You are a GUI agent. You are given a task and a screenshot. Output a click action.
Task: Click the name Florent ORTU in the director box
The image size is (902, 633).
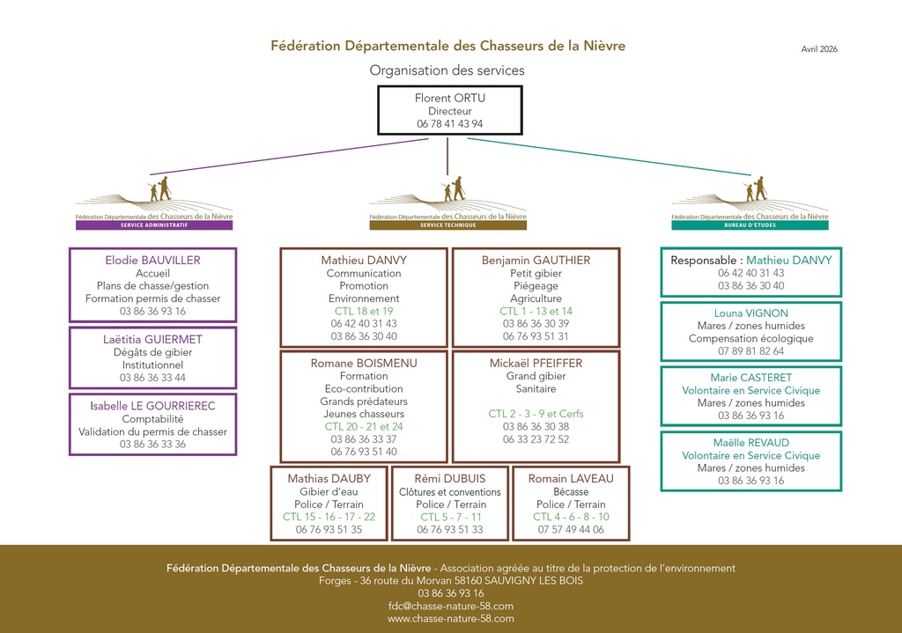[x=449, y=98]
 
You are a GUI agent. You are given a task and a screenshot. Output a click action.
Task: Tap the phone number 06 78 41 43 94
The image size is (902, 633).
[x=449, y=124]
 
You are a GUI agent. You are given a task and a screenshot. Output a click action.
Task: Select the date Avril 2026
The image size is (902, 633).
[x=819, y=49]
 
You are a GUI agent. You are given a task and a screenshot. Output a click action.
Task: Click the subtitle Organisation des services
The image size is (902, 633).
[x=447, y=70]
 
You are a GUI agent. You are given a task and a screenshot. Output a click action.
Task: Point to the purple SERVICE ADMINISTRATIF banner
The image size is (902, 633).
[x=154, y=225]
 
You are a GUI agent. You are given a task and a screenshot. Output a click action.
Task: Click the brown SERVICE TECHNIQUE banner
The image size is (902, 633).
[x=447, y=225]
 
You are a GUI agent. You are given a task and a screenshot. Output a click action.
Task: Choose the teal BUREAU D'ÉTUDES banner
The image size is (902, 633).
[x=750, y=225]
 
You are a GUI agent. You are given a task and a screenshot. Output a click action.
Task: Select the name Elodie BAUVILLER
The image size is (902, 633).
[x=152, y=261]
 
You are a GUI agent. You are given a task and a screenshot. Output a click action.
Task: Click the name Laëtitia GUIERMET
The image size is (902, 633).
[x=152, y=340]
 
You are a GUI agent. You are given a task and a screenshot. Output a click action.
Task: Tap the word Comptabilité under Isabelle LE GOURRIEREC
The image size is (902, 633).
[x=152, y=419]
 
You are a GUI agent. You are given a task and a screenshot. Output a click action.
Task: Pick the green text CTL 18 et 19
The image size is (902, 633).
[x=364, y=311]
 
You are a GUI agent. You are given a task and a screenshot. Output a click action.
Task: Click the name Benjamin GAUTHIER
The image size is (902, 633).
[x=536, y=261]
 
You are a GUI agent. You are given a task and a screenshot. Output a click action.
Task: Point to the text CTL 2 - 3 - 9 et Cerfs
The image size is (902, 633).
[x=536, y=414]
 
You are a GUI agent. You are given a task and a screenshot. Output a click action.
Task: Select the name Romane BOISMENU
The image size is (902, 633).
[x=364, y=363]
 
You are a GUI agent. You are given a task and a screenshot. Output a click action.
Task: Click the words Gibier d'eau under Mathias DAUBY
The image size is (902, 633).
[x=329, y=492]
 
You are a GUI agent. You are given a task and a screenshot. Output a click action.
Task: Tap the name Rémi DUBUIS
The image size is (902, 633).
[x=449, y=479]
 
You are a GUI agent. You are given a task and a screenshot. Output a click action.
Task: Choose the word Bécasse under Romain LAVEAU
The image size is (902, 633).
[x=571, y=492]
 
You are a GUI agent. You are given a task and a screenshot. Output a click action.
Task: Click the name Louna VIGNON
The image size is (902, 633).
[x=750, y=313]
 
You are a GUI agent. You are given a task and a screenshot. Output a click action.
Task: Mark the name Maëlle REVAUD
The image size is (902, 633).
[x=750, y=443]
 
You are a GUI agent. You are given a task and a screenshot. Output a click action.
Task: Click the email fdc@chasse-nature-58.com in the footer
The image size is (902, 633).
[x=450, y=606]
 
